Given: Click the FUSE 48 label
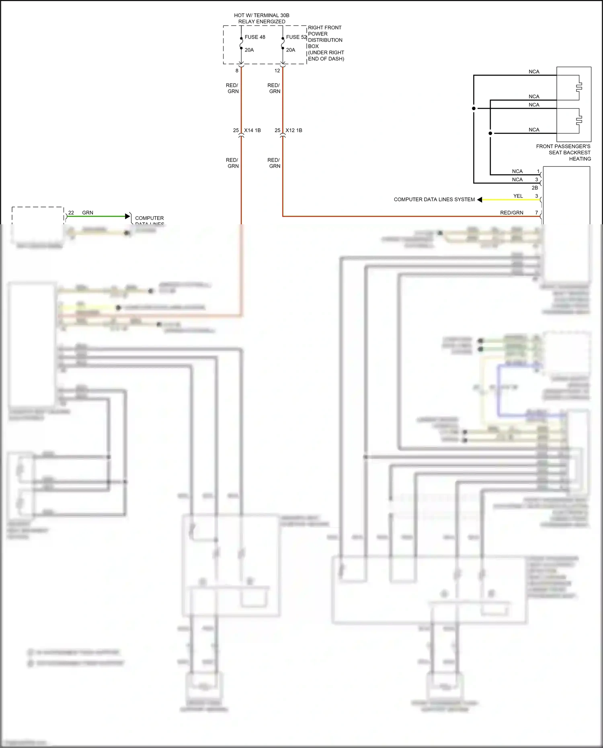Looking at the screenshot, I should (255, 37).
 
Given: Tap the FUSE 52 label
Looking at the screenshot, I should (296, 37).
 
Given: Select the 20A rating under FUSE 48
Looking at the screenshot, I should (249, 50).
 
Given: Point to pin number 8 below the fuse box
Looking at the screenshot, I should (237, 70).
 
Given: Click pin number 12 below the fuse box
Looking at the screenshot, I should (277, 70).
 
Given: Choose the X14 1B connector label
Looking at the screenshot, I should (252, 130).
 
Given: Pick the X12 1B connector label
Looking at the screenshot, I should (294, 130).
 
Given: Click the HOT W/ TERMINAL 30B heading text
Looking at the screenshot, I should (262, 15).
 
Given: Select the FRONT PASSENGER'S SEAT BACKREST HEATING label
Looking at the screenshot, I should (563, 152).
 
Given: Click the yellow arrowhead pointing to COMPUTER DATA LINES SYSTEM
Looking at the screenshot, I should (480, 199).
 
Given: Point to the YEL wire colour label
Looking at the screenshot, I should (518, 196).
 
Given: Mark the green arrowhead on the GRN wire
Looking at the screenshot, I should (128, 216).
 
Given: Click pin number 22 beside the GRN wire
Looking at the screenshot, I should (71, 213).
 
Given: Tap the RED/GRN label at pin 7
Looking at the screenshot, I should (511, 213).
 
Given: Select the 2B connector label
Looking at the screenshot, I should (535, 188).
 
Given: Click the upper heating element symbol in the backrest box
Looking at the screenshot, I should (579, 86).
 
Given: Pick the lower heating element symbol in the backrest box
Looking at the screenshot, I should (579, 120).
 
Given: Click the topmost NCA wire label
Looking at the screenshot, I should (534, 72).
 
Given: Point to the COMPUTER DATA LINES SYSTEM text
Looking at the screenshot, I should (434, 199).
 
